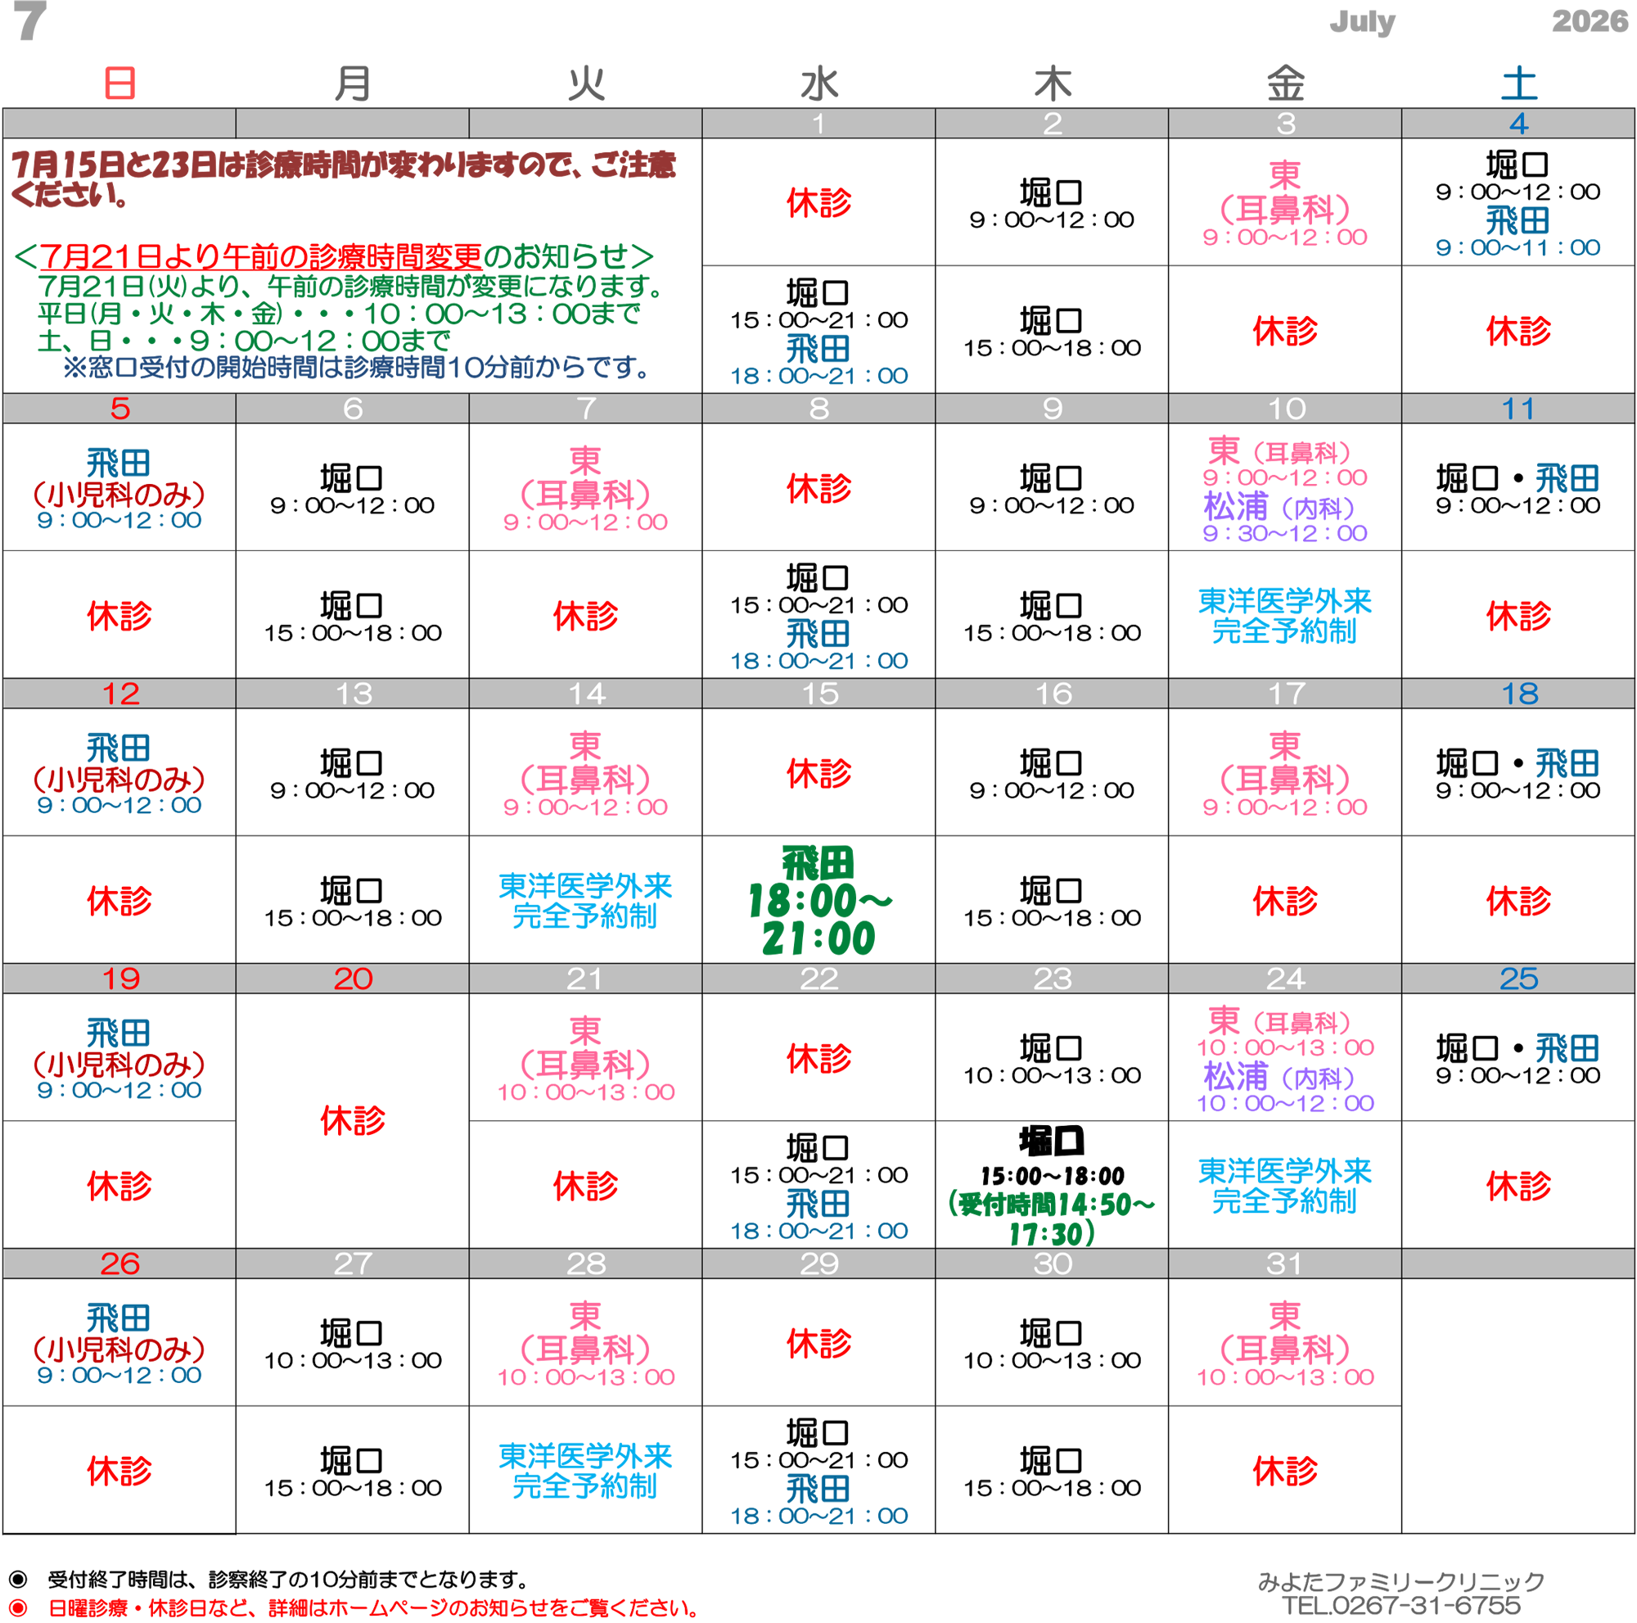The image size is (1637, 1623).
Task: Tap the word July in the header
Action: click(1362, 21)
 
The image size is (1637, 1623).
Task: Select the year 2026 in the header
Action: click(1590, 20)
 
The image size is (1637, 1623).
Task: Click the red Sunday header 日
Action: click(120, 83)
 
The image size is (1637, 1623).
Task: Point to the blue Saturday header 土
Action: click(1518, 83)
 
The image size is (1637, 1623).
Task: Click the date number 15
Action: click(819, 694)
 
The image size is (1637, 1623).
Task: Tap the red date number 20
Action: click(353, 978)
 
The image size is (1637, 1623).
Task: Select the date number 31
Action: click(1284, 1263)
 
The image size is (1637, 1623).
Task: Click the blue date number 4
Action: click(1518, 124)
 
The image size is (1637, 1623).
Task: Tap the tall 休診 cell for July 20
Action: click(353, 1120)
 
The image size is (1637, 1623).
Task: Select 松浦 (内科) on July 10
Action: click(1279, 507)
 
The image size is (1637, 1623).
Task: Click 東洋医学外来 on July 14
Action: click(585, 887)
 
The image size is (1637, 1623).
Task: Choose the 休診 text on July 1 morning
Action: click(819, 202)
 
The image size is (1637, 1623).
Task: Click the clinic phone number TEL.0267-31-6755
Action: click(1401, 1605)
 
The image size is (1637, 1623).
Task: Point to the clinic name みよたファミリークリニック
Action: click(1401, 1581)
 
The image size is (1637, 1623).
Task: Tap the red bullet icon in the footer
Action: click(18, 1607)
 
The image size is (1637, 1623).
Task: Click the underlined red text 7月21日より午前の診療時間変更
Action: click(261, 255)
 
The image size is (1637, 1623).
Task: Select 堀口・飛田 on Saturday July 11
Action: click(1517, 479)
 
